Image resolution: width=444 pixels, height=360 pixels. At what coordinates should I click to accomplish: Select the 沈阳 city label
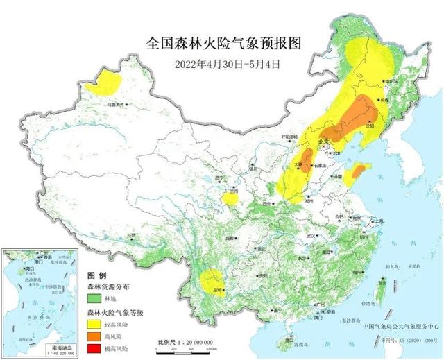pos(369,126)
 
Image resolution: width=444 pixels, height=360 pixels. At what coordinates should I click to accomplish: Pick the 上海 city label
pos(379,221)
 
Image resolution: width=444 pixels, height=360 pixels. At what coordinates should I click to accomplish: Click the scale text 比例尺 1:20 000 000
pos(185,343)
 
